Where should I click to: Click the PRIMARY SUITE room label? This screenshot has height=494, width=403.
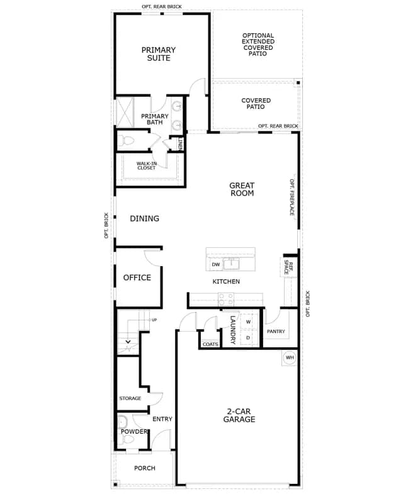tap(158, 54)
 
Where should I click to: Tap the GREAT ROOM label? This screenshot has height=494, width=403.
tap(242, 189)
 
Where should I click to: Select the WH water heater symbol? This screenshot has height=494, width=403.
tap(290, 357)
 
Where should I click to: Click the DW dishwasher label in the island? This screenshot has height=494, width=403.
tap(216, 265)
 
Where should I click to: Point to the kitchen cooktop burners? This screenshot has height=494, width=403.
tap(226, 300)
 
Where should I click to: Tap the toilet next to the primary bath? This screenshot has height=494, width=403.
tap(127, 140)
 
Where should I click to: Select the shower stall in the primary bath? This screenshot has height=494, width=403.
tap(125, 113)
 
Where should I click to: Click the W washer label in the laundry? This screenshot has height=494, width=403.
tap(248, 322)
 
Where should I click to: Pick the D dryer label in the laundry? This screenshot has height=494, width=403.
tap(248, 338)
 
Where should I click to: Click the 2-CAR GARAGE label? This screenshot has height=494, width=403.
tap(239, 415)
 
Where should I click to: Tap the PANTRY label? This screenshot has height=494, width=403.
tap(276, 332)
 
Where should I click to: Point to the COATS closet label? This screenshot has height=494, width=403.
tap(210, 344)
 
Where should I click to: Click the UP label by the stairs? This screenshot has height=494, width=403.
tap(154, 320)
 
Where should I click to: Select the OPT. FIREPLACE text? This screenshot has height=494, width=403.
tap(292, 198)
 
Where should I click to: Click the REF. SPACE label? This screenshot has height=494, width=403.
tap(289, 267)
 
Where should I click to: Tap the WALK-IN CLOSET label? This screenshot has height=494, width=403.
tap(146, 166)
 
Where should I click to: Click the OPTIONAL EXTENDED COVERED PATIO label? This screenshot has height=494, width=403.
tap(258, 45)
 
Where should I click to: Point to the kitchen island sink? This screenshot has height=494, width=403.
tap(231, 264)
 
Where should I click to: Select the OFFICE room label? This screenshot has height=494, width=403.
tap(137, 278)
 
